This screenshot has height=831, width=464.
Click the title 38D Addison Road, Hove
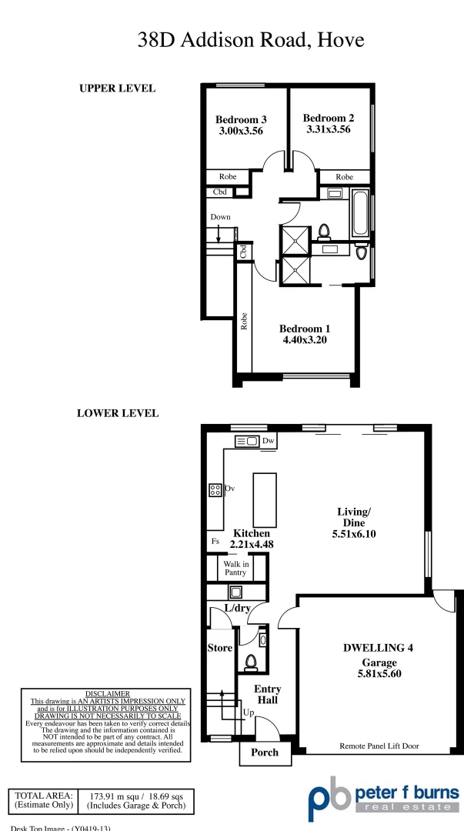251,40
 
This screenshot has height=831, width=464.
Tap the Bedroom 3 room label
241,119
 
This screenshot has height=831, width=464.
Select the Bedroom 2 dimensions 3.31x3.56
329,129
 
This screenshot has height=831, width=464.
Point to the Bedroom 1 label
305,329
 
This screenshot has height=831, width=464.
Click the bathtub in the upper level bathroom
360,212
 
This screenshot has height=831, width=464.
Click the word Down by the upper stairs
221,217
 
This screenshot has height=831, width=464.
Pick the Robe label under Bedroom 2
344,177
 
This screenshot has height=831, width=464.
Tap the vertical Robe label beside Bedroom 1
243,321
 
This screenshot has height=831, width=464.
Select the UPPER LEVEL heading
117,88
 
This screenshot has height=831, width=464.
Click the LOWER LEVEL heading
118,413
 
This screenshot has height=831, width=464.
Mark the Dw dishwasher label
269,441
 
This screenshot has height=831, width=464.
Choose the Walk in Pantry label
235,568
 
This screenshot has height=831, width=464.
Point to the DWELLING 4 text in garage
378,647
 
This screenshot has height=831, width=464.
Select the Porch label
265,752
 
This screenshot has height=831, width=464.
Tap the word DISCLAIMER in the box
107,693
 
